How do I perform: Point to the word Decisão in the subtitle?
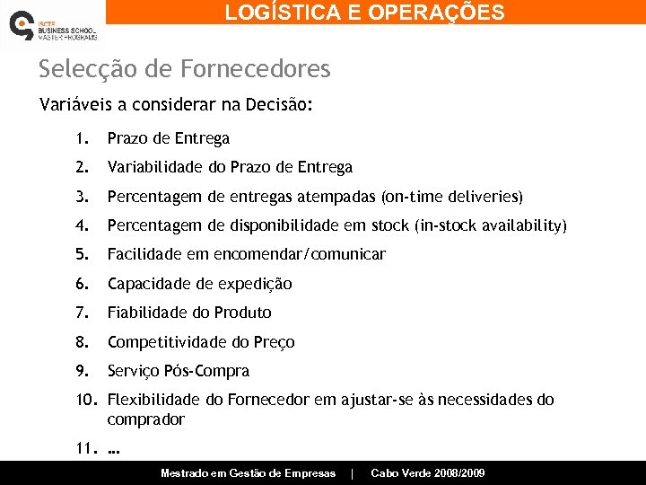pyautogui.click(x=281, y=104)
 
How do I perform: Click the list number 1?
pyautogui.click(x=81, y=138)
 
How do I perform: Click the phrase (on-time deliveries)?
pyautogui.click(x=452, y=196)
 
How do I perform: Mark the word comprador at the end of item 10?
pyautogui.click(x=145, y=419)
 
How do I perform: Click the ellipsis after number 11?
pyautogui.click(x=113, y=448)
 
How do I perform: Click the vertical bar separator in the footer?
pyautogui.click(x=353, y=473)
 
